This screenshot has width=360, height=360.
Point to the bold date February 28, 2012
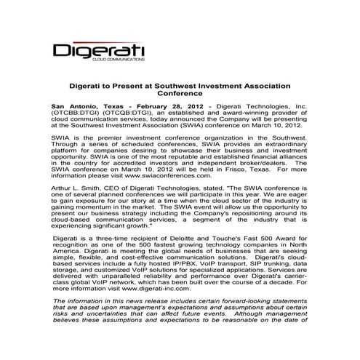[x=160, y=107]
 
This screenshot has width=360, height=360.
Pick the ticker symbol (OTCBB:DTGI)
[x=75, y=114]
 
